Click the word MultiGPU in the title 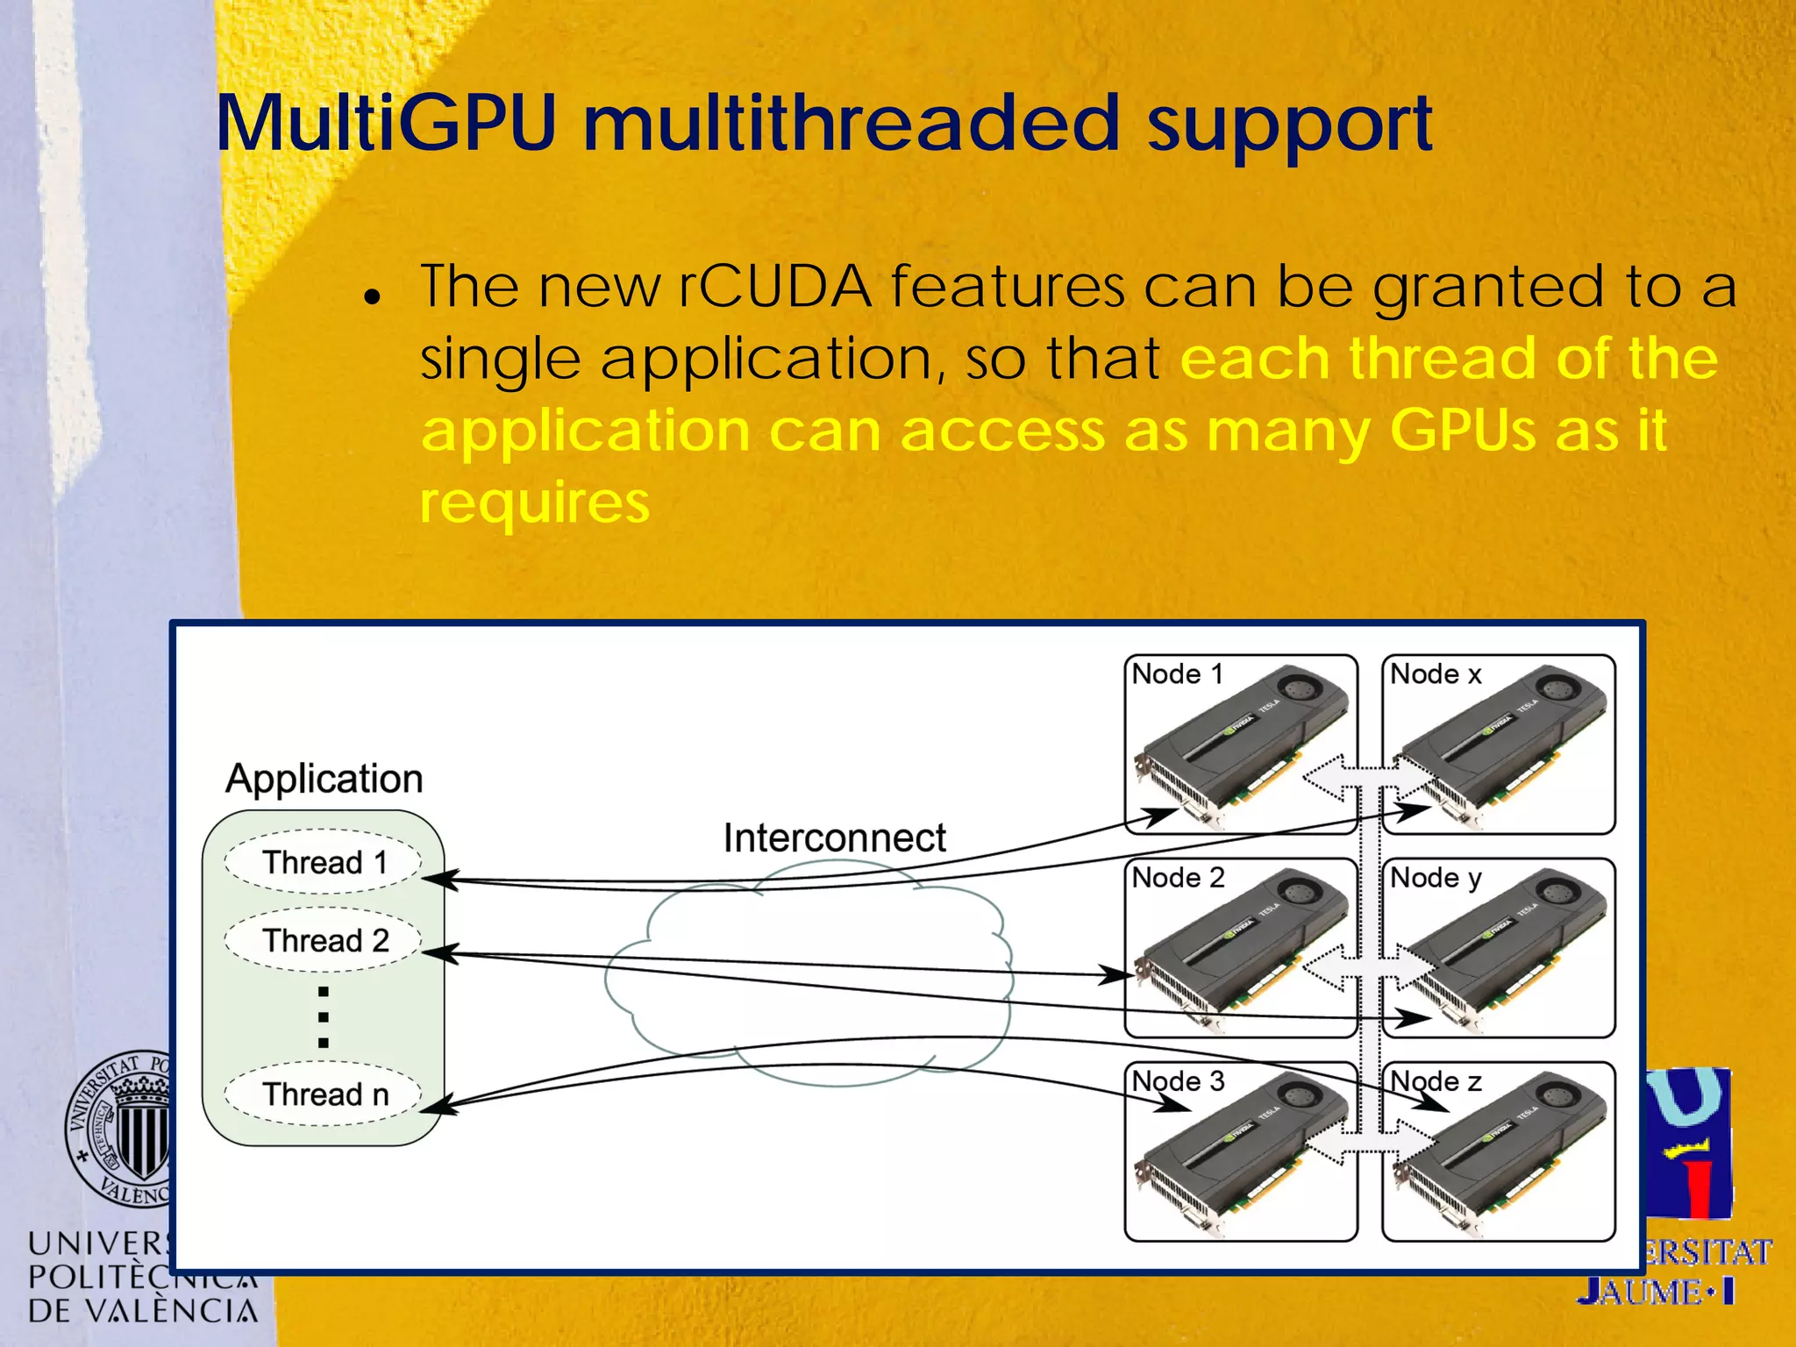386,125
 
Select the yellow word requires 534,503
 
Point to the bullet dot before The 373,297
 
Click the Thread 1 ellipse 324,862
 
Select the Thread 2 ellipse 324,940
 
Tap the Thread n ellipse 324,1094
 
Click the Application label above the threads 324,779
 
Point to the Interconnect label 834,838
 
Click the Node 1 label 1176,674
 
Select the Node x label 1436,674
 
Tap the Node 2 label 1177,878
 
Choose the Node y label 1436,878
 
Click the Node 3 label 1177,1081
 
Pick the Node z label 1436,1081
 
